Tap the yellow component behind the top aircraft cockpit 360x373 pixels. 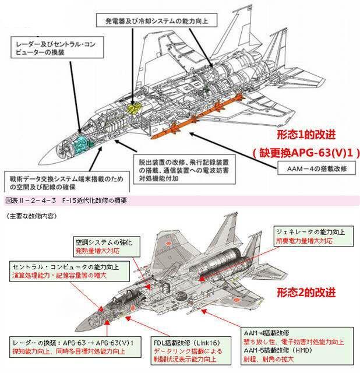point(135,108)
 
